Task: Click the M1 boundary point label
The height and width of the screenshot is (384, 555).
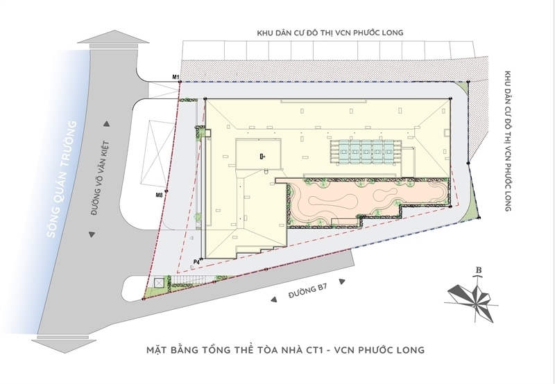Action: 176,77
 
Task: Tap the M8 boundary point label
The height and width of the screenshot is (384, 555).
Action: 160,195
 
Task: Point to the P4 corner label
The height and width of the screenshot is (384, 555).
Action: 196,262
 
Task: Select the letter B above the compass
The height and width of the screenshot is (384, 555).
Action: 479,270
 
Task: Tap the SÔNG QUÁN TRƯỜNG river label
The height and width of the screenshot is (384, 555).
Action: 62,180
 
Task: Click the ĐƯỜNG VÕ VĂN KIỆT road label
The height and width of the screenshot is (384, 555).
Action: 99,178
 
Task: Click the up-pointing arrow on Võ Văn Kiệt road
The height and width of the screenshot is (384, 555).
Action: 106,124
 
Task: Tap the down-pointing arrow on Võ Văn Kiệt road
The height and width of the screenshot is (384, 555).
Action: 92,234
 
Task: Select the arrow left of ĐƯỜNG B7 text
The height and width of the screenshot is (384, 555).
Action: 273,299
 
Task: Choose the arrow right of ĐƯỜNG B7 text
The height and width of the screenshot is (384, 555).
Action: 342,281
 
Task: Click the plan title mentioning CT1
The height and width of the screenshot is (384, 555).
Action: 285,350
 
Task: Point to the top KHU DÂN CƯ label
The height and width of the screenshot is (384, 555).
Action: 330,33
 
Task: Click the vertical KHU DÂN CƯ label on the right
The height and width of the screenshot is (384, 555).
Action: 508,141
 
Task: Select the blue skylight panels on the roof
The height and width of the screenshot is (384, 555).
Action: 366,152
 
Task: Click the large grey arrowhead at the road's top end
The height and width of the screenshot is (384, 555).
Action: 113,39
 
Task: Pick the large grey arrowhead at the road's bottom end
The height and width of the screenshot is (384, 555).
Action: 64,344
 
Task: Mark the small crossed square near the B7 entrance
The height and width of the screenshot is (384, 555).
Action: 159,283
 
